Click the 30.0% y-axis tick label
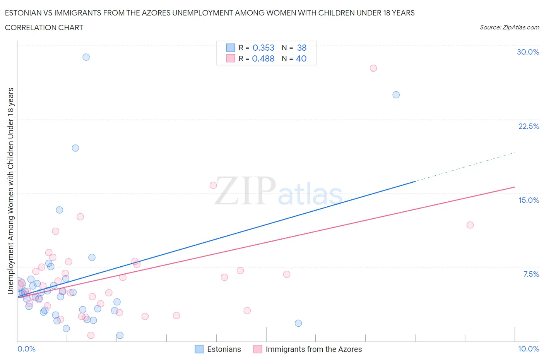528,52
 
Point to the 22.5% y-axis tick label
529,126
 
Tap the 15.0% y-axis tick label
529,200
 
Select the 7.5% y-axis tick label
531,274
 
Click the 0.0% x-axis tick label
26,349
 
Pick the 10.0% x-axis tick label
529,349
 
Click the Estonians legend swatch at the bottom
199,349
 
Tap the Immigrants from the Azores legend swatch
258,349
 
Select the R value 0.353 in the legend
263,48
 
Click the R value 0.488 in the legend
263,58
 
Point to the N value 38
302,48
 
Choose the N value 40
301,58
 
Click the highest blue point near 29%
86,57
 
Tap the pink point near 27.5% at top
373,68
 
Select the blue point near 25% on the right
396,95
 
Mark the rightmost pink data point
470,225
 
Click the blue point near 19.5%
75,148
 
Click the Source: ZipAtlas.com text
509,27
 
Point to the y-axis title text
10,190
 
